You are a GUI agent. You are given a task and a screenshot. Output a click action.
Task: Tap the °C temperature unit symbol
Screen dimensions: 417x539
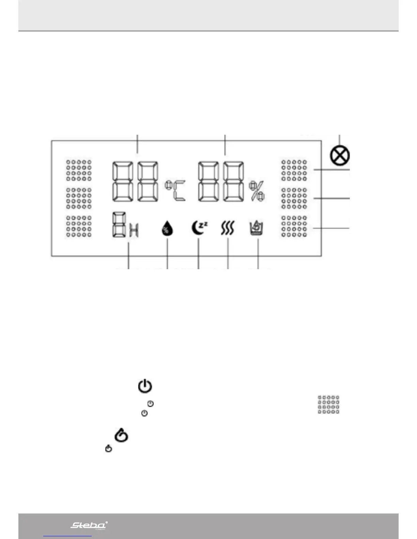(x=176, y=191)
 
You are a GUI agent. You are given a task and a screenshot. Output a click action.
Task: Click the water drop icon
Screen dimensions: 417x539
(x=167, y=228)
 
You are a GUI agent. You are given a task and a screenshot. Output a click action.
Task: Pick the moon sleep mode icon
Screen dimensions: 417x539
(x=199, y=228)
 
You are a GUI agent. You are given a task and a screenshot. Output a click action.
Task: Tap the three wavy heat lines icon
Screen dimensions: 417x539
(x=228, y=228)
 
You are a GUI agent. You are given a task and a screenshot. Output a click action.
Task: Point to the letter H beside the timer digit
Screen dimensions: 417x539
(x=134, y=231)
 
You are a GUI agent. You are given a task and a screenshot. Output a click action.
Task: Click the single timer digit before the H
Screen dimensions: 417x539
(x=119, y=225)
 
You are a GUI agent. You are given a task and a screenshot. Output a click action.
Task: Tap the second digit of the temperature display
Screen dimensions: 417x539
(x=148, y=182)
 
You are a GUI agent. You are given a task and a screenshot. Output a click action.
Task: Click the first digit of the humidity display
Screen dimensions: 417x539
(x=209, y=182)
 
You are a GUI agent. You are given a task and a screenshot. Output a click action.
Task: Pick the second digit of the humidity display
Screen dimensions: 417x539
(x=234, y=182)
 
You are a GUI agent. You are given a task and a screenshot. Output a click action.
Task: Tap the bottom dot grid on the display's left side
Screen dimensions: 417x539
(x=79, y=226)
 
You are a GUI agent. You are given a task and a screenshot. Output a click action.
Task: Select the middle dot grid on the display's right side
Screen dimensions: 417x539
(x=294, y=198)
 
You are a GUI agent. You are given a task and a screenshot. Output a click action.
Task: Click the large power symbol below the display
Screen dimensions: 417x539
(x=145, y=386)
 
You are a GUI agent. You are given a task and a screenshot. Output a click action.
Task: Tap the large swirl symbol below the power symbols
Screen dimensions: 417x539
(x=121, y=436)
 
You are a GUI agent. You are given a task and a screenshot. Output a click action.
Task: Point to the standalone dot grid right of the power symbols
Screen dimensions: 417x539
(x=328, y=404)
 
